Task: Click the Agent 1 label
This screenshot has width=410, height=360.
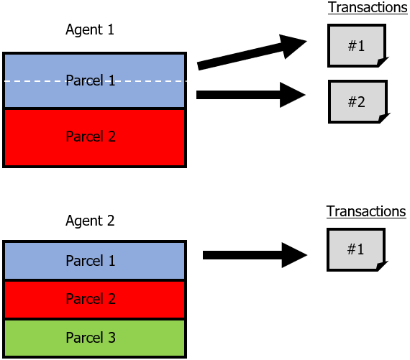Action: [x=90, y=29]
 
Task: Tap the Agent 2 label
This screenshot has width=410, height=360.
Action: [x=90, y=221]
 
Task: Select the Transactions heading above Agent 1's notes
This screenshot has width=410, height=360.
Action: [x=368, y=7]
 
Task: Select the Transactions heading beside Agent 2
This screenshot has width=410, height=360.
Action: [x=366, y=211]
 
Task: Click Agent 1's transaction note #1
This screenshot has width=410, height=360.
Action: [x=357, y=46]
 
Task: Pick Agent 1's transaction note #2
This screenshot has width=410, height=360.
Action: [x=358, y=101]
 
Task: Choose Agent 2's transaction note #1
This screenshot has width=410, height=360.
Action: [x=356, y=250]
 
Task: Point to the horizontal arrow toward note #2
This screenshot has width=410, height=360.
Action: [x=251, y=95]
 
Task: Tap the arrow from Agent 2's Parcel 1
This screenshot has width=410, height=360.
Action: [x=255, y=255]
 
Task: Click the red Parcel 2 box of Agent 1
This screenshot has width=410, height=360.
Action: [x=95, y=137]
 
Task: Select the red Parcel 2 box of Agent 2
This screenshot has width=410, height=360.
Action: [x=95, y=300]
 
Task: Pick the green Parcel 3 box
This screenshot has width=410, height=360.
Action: [x=95, y=338]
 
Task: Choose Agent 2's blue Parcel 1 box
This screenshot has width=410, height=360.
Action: [x=95, y=260]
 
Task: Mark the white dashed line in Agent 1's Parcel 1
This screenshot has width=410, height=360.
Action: [x=95, y=81]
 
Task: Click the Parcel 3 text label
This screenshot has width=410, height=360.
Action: [x=91, y=337]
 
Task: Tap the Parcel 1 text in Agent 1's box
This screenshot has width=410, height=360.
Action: [x=91, y=80]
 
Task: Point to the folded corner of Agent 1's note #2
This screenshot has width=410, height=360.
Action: [x=384, y=118]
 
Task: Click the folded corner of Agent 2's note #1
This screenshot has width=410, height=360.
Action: [x=382, y=266]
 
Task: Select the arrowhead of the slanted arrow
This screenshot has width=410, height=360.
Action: [x=291, y=46]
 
